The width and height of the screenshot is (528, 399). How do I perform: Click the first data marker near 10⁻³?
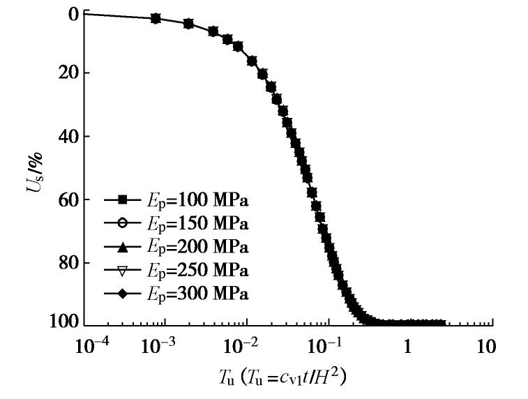(x=156, y=18)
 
